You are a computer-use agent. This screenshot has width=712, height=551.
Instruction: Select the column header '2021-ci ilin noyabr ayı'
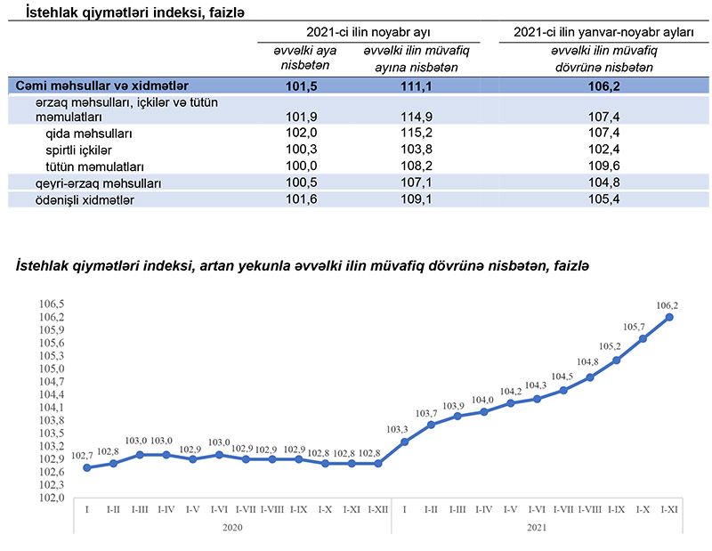coord(368,31)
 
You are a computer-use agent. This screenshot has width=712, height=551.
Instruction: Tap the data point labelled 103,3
coord(405,442)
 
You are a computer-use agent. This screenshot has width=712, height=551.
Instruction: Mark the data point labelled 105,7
coord(642,338)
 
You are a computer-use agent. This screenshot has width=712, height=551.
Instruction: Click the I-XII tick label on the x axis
coord(378,509)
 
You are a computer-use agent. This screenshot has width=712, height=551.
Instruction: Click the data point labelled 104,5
coord(563,390)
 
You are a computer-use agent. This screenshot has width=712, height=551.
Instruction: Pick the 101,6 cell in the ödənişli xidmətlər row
coord(299,199)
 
